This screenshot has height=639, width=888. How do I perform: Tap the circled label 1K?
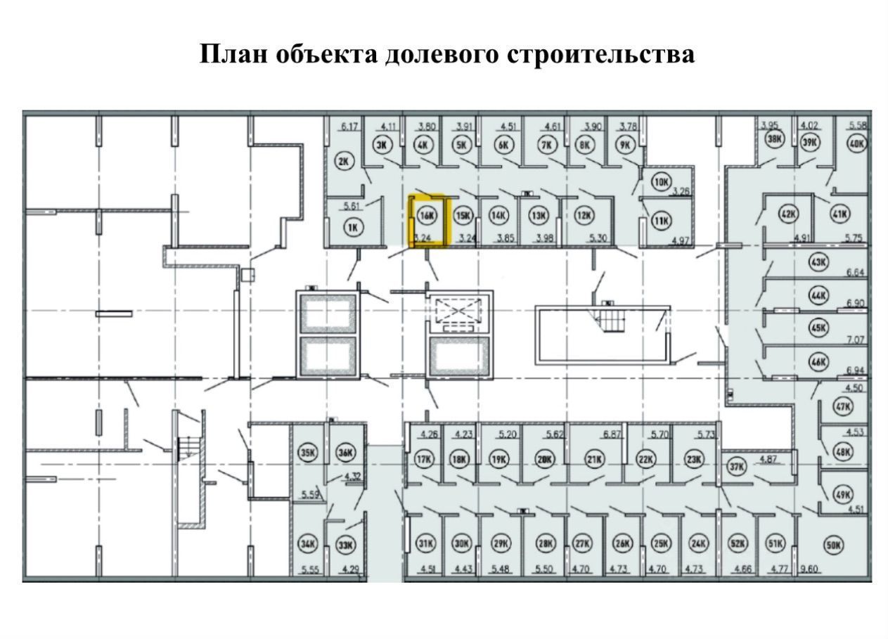click(x=354, y=226)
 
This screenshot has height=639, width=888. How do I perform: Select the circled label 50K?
click(x=833, y=545)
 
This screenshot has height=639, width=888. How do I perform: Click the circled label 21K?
click(x=595, y=460)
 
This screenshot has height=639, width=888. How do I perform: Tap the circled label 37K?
click(x=736, y=465)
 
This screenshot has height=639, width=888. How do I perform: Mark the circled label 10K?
click(x=660, y=181)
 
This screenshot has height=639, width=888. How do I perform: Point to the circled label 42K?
click(x=789, y=214)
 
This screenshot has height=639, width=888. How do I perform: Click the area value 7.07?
click(x=856, y=340)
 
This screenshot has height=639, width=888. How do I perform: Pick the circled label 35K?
click(x=307, y=453)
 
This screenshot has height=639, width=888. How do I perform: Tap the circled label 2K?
click(x=344, y=162)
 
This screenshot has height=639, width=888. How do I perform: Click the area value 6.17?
click(x=350, y=127)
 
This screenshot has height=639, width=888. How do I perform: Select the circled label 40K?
click(x=857, y=143)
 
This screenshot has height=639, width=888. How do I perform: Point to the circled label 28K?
click(x=545, y=543)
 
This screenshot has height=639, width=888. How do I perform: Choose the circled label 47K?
click(x=842, y=406)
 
